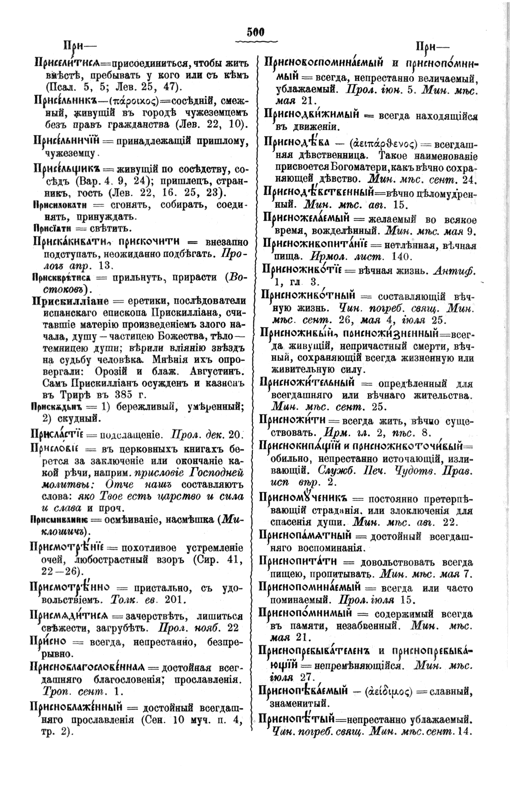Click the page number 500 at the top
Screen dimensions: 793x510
pyautogui.click(x=255, y=32)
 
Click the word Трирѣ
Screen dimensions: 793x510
pyautogui.click(x=62, y=395)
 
